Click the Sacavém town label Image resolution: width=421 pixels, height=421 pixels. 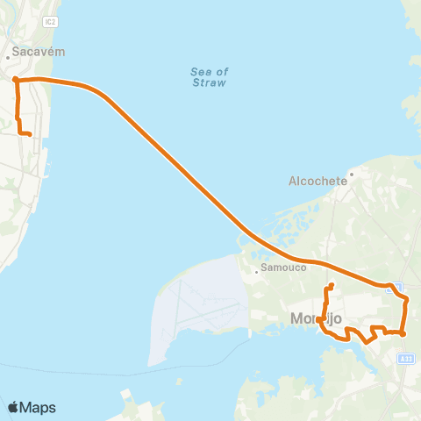(x=33, y=52)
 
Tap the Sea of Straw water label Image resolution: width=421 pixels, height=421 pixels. (x=209, y=77)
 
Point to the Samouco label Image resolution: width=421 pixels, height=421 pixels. (x=279, y=269)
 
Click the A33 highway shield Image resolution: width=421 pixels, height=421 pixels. (x=405, y=358)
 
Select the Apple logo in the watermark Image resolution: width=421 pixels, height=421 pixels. (x=13, y=407)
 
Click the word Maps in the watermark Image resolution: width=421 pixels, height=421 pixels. (x=38, y=407)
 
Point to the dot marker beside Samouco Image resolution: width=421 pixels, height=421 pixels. (x=256, y=270)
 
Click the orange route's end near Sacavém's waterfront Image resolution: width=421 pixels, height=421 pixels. (x=30, y=134)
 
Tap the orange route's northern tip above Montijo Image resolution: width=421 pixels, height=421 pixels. (x=332, y=286)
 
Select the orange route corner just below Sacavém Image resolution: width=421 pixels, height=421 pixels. (x=16, y=80)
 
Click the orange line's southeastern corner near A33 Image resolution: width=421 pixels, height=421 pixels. (x=403, y=333)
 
